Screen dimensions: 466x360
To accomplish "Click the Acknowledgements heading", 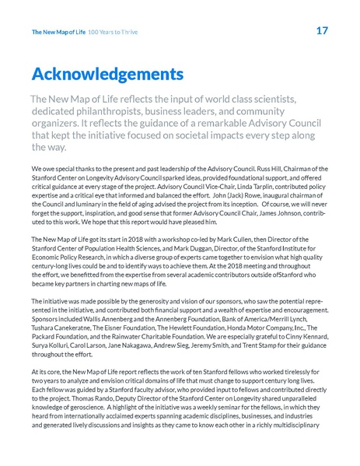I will pyautogui.click(x=107, y=75).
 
